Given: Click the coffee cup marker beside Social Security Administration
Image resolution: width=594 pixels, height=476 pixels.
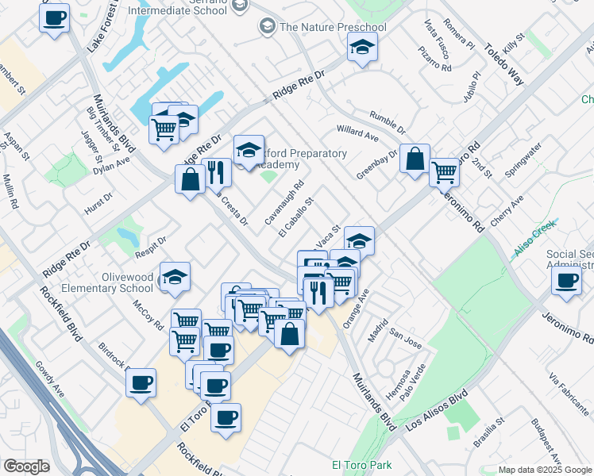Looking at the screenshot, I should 567,282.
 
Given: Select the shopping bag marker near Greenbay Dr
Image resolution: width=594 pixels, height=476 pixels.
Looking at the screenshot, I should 415,159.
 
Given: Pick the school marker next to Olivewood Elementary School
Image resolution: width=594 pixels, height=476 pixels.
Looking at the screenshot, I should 175,277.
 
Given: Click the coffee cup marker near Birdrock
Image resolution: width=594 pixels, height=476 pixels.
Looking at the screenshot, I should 141,383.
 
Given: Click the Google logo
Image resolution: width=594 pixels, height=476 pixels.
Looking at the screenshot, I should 27,466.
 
